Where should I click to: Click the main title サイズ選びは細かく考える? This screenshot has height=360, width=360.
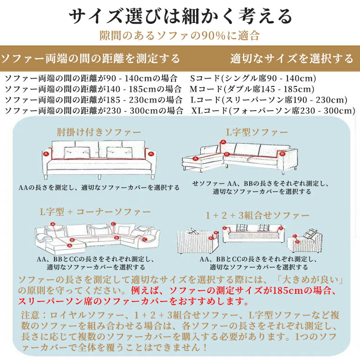pos(180,17)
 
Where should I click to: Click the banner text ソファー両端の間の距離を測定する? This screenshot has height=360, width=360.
pos(90,58)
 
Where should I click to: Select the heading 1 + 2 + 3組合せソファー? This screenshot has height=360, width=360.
pos(257,215)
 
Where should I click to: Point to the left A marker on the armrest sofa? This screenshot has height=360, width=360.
pos(45,153)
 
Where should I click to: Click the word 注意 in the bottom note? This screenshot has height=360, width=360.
pos(30,314)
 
